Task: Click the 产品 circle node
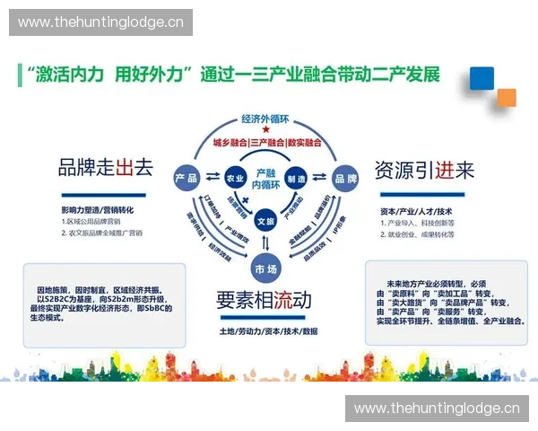(x=187, y=177)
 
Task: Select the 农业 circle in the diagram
(x=235, y=177)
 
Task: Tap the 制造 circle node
(x=296, y=177)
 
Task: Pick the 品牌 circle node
(x=344, y=177)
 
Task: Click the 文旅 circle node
(x=265, y=220)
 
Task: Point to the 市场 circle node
(x=265, y=267)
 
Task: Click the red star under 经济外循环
(x=266, y=131)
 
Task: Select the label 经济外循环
(x=266, y=119)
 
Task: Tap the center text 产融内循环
(x=265, y=177)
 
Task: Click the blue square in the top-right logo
(x=482, y=79)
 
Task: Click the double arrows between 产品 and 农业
(x=212, y=177)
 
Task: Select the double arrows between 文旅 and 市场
(x=265, y=243)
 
